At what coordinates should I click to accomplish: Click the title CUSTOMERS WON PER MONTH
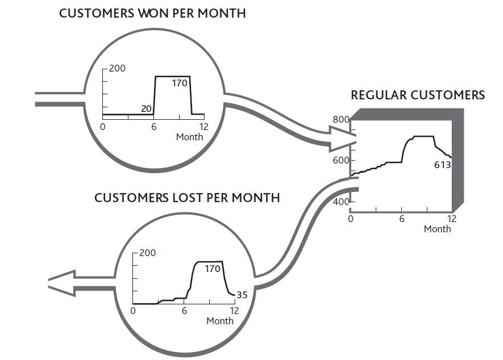(x=152, y=13)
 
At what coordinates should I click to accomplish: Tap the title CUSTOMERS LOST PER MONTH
(x=187, y=198)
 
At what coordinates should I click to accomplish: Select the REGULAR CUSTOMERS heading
(x=418, y=95)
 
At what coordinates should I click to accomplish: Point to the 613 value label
(x=442, y=165)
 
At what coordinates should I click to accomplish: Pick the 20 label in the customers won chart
(x=146, y=108)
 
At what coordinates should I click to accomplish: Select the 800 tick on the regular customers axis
(x=340, y=119)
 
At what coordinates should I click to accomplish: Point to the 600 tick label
(x=340, y=160)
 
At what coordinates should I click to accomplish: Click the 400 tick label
(x=340, y=202)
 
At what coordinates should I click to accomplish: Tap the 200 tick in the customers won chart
(x=118, y=69)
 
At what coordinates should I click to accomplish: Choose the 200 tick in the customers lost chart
(x=147, y=253)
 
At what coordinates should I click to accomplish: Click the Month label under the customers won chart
(x=189, y=137)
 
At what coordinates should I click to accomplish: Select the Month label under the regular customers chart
(x=437, y=229)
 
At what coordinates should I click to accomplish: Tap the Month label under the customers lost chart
(x=219, y=321)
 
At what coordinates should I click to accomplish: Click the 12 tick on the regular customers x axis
(x=452, y=219)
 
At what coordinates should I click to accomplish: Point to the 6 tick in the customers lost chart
(x=184, y=311)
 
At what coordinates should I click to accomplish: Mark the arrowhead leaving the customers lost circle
(x=61, y=282)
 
